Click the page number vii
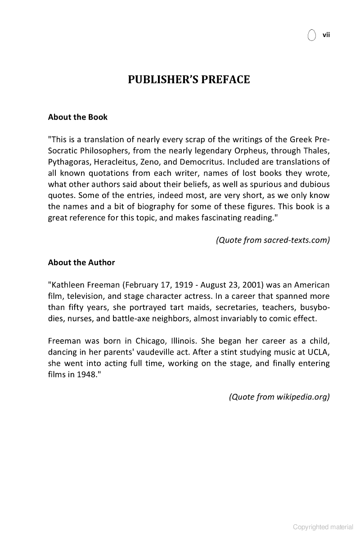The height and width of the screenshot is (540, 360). pyautogui.click(x=326, y=35)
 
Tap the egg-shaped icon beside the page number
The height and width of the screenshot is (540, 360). pyautogui.click(x=311, y=35)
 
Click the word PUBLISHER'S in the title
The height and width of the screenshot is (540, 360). pyautogui.click(x=165, y=80)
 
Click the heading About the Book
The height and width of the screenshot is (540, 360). pyautogui.click(x=78, y=117)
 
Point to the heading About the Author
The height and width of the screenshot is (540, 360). pyautogui.click(x=81, y=262)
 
